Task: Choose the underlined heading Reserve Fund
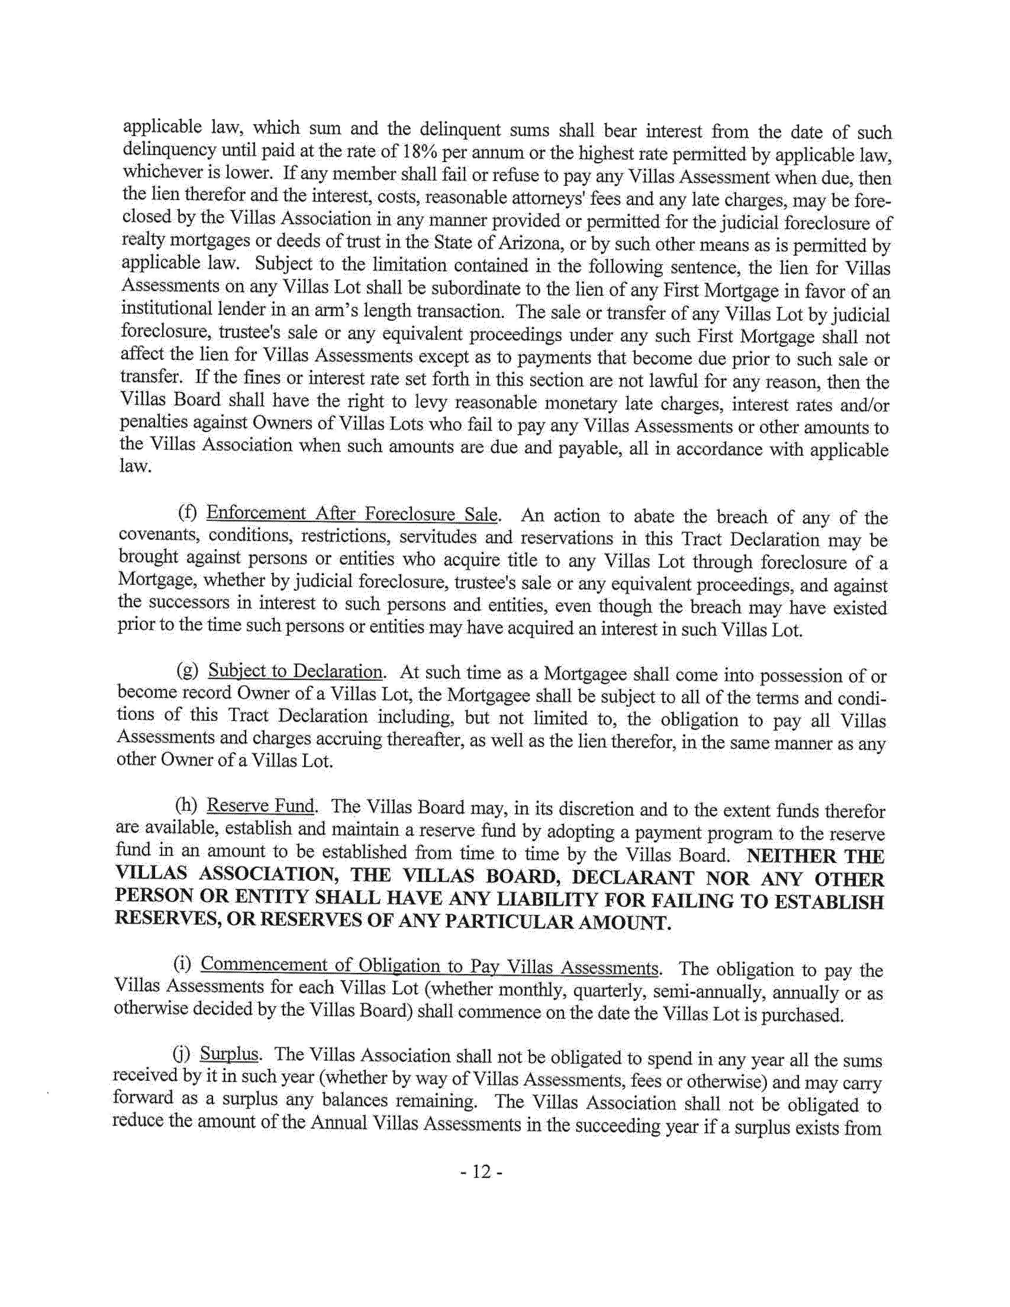[260, 806]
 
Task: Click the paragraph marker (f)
[188, 514]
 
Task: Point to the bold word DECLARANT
[633, 878]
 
